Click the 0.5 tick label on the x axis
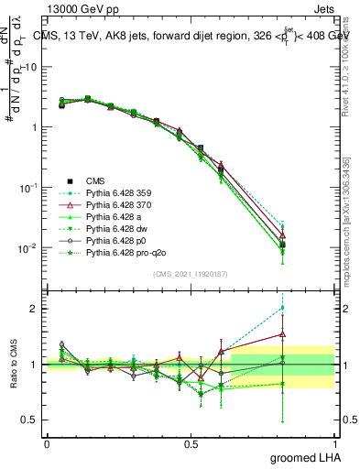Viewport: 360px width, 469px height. point(191,443)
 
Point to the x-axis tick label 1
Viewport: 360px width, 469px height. point(334,443)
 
